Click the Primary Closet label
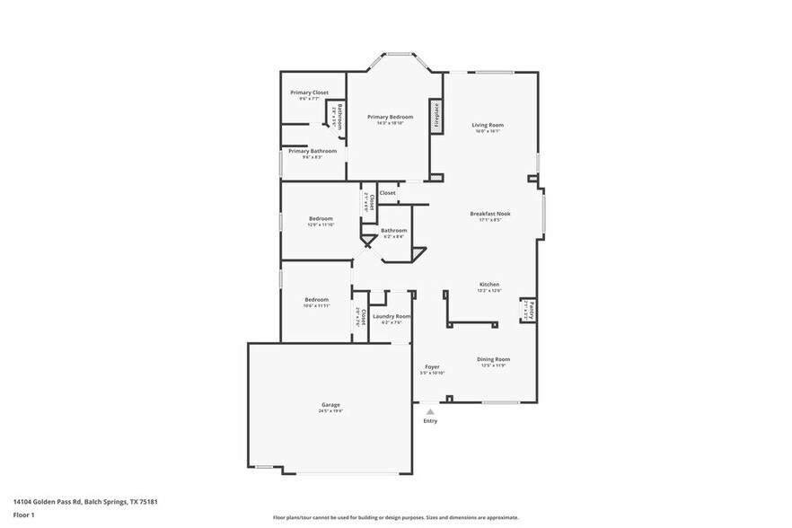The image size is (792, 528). [x=309, y=92]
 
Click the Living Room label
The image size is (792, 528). [x=488, y=125]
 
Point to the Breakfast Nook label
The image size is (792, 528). [x=490, y=214]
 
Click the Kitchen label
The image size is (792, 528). [x=488, y=285]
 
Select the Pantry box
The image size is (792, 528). [x=529, y=311]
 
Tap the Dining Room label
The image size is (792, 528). [x=493, y=359]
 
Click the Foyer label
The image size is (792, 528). [x=432, y=366]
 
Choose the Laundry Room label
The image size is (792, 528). [x=392, y=316]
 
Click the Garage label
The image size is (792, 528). [x=330, y=405]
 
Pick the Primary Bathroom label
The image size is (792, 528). [x=312, y=151]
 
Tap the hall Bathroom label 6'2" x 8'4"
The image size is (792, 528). [x=393, y=231]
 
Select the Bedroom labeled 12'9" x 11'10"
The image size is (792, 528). [x=321, y=218]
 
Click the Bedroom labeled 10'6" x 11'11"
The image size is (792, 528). [x=316, y=300]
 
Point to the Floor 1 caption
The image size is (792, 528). [x=24, y=515]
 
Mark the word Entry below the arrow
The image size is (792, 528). [x=430, y=421]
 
